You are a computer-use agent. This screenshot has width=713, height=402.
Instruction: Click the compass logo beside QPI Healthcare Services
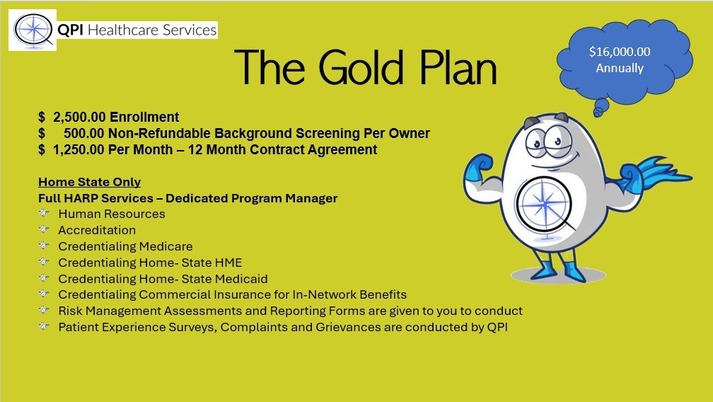pos(33,30)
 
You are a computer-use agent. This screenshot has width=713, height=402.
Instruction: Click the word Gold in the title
pos(361,67)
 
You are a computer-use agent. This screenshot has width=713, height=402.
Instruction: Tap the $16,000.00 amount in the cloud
pos(620,52)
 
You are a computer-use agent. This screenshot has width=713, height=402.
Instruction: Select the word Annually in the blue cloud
pos(620,68)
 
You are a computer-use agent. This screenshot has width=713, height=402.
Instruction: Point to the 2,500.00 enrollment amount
pos(79,117)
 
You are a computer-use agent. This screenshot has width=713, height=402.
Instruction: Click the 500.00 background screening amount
pos(84,133)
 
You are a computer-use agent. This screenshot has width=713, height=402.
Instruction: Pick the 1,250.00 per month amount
pos(79,149)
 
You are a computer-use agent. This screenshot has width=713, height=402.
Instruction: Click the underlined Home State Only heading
pos(90,182)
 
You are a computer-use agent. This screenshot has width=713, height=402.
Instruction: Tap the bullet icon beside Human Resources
pos(44,213)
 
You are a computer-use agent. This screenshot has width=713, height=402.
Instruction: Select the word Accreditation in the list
pos(97,230)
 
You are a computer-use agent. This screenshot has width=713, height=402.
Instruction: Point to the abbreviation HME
pos(230,263)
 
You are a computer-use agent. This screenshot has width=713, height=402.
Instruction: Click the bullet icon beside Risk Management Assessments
pos(44,310)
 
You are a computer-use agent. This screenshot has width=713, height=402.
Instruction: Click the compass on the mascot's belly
pos(543,204)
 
